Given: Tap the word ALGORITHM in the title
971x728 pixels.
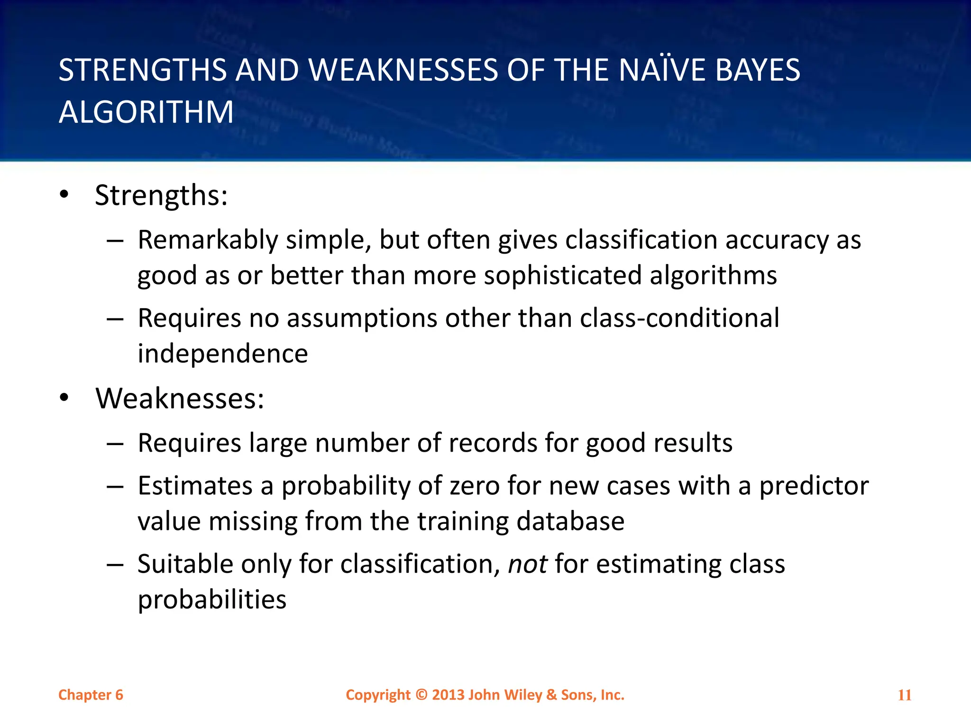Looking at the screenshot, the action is pyautogui.click(x=146, y=112).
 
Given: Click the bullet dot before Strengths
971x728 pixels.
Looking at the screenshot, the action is pyautogui.click(x=64, y=194).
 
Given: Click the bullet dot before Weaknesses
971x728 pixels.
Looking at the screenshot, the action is pyautogui.click(x=64, y=398).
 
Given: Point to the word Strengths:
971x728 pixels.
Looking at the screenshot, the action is pyautogui.click(x=161, y=195).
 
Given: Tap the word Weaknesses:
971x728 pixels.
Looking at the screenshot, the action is pyautogui.click(x=180, y=398).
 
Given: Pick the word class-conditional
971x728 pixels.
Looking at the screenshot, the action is pyautogui.click(x=679, y=318).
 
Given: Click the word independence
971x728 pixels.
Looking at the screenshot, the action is pyautogui.click(x=223, y=354).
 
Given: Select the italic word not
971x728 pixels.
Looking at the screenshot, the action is pyautogui.click(x=527, y=564).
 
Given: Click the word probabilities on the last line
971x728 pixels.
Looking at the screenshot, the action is pyautogui.click(x=212, y=600).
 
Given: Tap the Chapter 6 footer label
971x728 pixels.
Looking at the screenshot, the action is pyautogui.click(x=91, y=695).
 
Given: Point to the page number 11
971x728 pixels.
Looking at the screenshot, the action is pyautogui.click(x=905, y=695).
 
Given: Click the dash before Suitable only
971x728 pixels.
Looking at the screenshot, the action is pyautogui.click(x=115, y=564).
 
